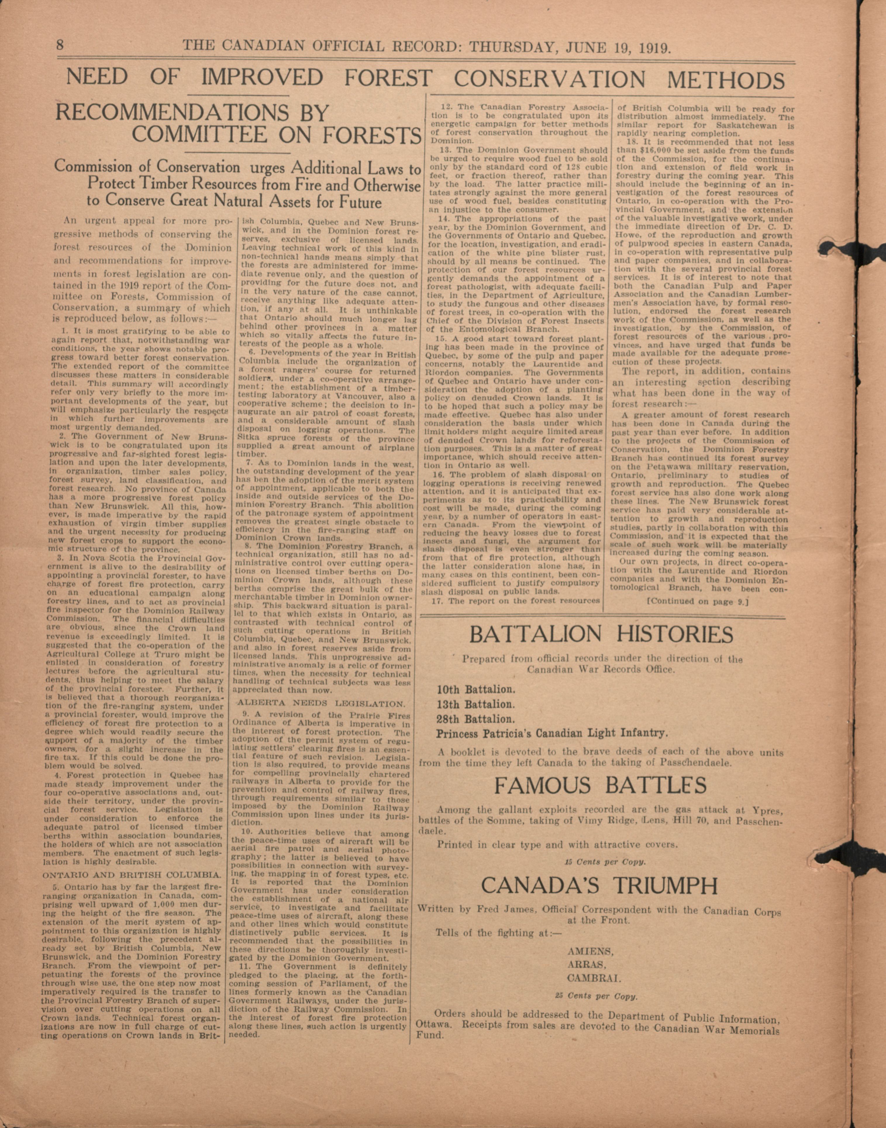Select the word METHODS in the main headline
coord(725,79)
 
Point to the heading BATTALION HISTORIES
coord(601,634)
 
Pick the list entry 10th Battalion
coord(476,690)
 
